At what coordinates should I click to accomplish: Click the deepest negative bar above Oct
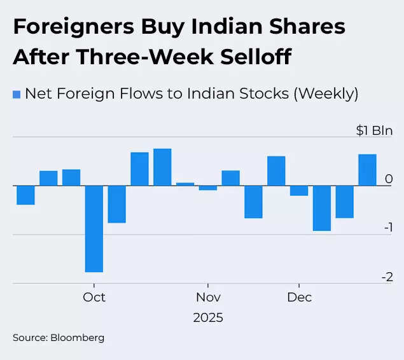click(94, 228)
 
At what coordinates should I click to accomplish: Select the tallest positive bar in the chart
click(162, 167)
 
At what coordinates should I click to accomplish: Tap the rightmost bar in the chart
click(367, 170)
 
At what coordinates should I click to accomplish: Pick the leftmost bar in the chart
click(25, 195)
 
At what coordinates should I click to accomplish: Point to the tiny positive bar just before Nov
click(185, 184)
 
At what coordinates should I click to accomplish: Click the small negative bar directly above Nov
click(208, 188)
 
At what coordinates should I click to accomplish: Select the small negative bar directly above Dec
click(299, 191)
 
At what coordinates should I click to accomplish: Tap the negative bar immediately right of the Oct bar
click(116, 204)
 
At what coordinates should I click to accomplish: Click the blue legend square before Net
click(17, 94)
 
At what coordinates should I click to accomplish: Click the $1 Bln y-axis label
click(374, 130)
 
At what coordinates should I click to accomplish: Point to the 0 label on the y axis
click(389, 179)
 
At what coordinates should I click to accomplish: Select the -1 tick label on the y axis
click(387, 228)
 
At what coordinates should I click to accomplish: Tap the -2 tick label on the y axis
click(387, 277)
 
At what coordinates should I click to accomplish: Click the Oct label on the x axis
click(94, 297)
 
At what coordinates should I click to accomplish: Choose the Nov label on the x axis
click(208, 297)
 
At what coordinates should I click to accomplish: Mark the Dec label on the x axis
click(299, 297)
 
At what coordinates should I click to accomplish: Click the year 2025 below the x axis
click(208, 317)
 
